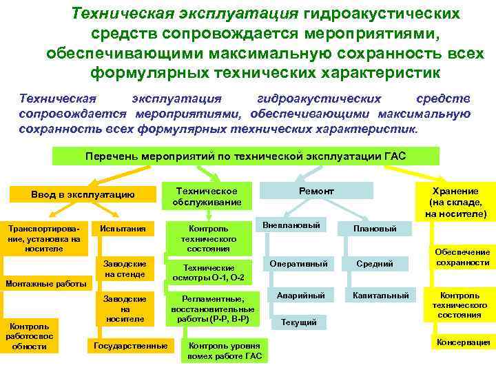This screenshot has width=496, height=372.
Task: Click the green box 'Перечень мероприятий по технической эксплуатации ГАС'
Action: pos(246,156)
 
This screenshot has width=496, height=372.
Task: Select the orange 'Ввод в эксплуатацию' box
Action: pos(83,195)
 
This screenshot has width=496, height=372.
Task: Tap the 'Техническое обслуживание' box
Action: pos(207,196)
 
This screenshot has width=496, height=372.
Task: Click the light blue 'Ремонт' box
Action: pos(316,191)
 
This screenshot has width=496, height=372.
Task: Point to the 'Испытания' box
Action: pos(123,228)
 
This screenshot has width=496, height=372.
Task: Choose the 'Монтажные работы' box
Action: pos(45,282)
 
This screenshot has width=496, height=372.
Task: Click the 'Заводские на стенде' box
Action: pos(125,269)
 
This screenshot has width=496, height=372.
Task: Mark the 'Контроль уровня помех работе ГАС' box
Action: pos(224,350)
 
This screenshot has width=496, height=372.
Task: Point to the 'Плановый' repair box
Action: pos(374,228)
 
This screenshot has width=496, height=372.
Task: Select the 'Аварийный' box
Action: pos(300,296)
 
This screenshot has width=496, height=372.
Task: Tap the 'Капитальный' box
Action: pos(380,296)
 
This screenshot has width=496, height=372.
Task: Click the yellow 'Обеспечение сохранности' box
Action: pos(461,257)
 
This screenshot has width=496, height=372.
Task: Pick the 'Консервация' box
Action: pos(462,342)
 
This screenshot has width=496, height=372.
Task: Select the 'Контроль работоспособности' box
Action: pos(30,335)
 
